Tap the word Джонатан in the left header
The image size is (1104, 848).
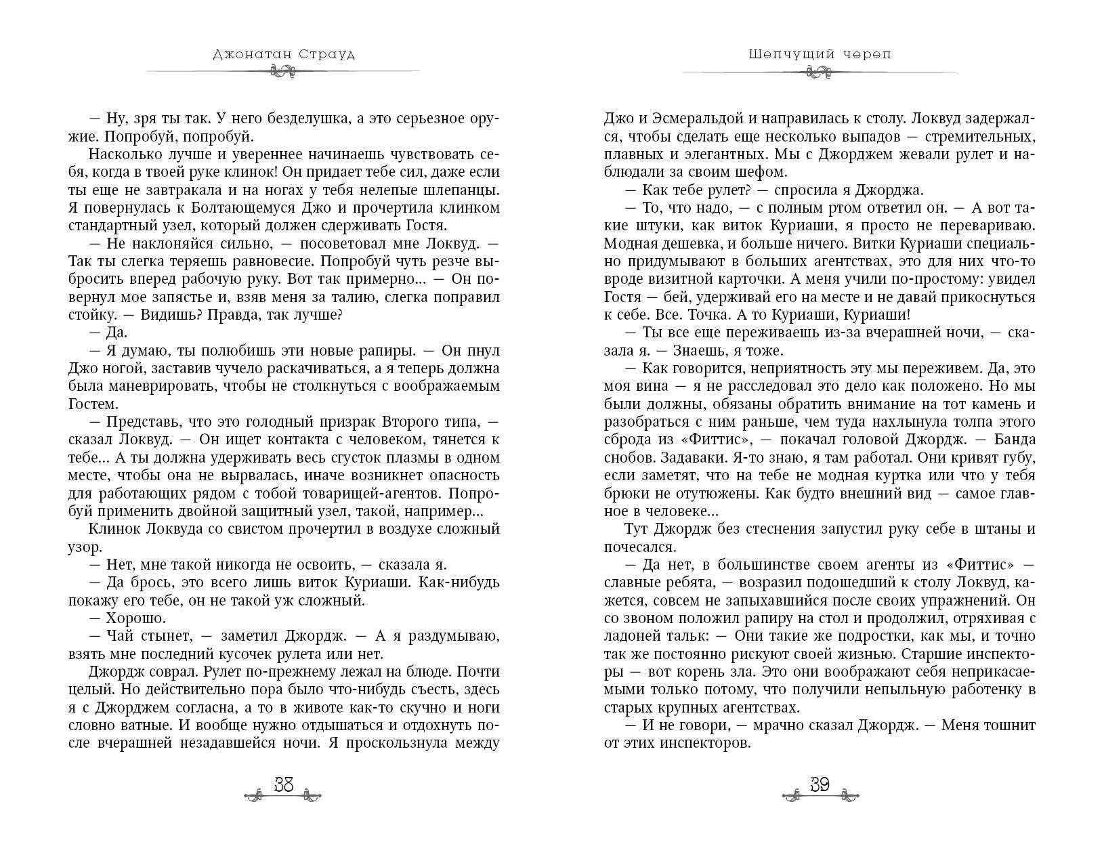243,55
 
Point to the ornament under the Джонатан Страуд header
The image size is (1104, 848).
282,72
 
